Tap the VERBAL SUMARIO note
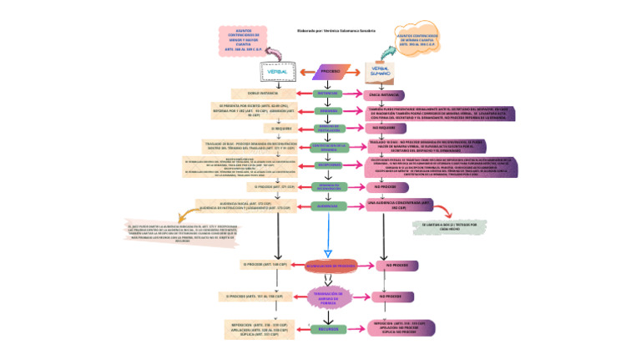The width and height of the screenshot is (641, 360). (x=381, y=73)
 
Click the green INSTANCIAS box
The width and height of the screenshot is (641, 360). (x=329, y=94)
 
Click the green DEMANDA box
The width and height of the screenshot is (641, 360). (x=329, y=110)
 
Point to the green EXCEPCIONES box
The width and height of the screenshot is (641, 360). (x=329, y=165)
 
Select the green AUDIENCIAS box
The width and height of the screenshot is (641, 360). (x=329, y=205)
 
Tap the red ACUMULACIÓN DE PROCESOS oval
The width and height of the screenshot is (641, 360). (x=331, y=265)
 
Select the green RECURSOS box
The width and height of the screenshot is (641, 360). (x=329, y=329)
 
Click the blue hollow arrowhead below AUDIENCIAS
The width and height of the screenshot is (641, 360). (x=328, y=251)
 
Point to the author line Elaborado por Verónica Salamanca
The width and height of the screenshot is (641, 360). (x=336, y=31)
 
